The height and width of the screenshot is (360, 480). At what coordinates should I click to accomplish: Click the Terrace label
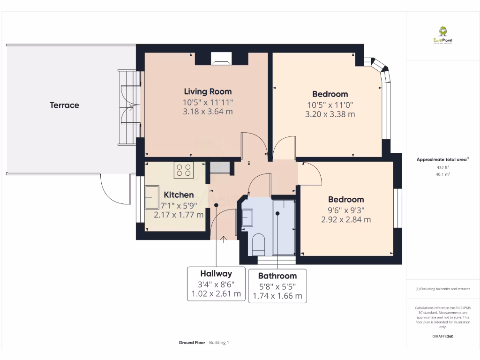click(64, 105)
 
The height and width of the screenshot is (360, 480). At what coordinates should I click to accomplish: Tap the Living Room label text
click(208, 91)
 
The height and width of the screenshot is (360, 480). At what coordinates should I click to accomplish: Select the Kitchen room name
click(179, 195)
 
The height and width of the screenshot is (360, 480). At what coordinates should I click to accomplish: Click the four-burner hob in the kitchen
click(184, 170)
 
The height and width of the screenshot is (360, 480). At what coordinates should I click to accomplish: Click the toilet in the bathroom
click(258, 243)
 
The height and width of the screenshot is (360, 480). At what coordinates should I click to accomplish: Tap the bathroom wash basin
click(247, 218)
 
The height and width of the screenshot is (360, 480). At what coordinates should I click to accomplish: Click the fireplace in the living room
click(221, 58)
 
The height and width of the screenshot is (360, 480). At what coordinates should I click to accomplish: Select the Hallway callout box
click(216, 284)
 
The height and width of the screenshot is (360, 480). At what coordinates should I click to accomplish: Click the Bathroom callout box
click(277, 286)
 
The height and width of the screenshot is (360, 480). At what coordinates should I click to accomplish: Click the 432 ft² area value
click(442, 167)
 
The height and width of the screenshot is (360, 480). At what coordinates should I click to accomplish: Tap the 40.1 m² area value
click(442, 174)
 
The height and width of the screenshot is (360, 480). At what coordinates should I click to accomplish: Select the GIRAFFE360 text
click(442, 336)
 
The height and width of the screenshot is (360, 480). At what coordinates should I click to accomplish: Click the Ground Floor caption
click(192, 343)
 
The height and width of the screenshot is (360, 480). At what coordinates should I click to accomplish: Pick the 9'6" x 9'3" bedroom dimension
click(346, 210)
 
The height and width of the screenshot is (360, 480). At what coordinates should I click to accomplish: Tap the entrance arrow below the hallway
click(223, 240)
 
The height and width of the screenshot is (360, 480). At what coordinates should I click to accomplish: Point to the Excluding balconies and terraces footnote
click(442, 289)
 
